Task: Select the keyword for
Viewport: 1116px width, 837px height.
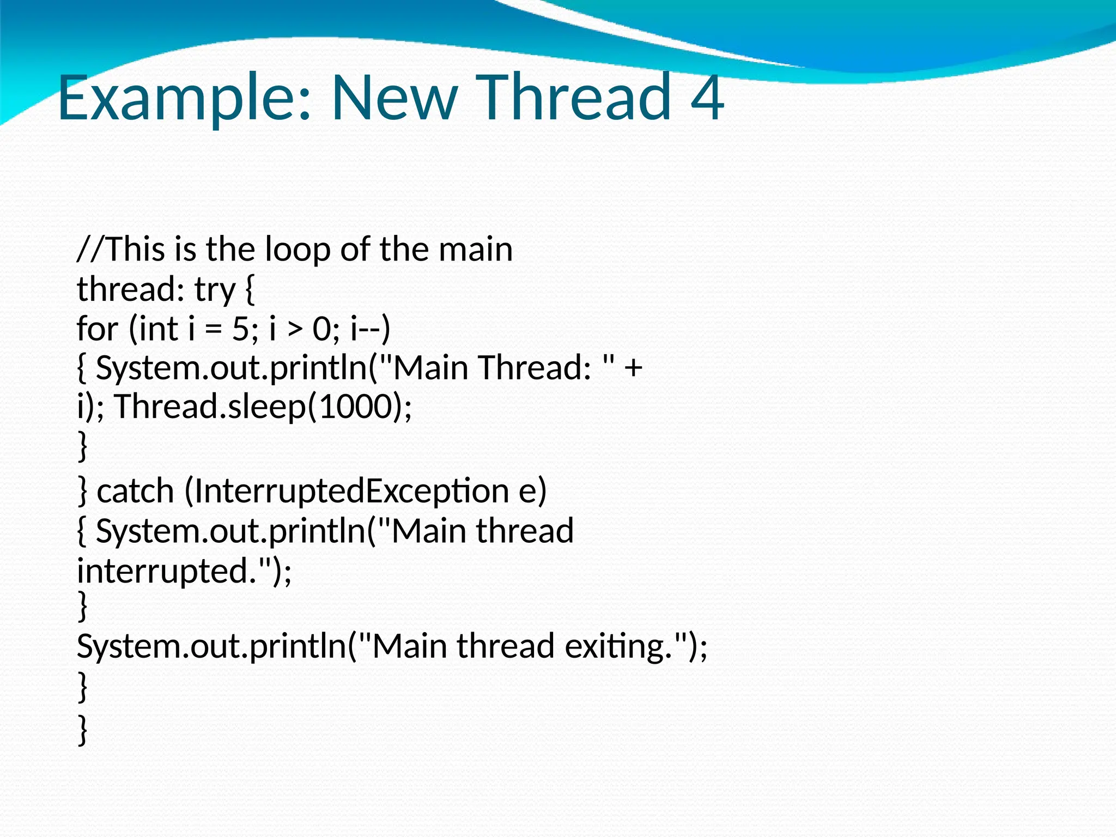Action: point(97,329)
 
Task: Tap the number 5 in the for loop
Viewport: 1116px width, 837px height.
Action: point(240,329)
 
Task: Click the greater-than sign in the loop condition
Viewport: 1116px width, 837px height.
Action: point(294,330)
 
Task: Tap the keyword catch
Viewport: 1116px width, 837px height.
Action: point(135,491)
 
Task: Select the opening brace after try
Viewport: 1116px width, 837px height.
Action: point(250,290)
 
